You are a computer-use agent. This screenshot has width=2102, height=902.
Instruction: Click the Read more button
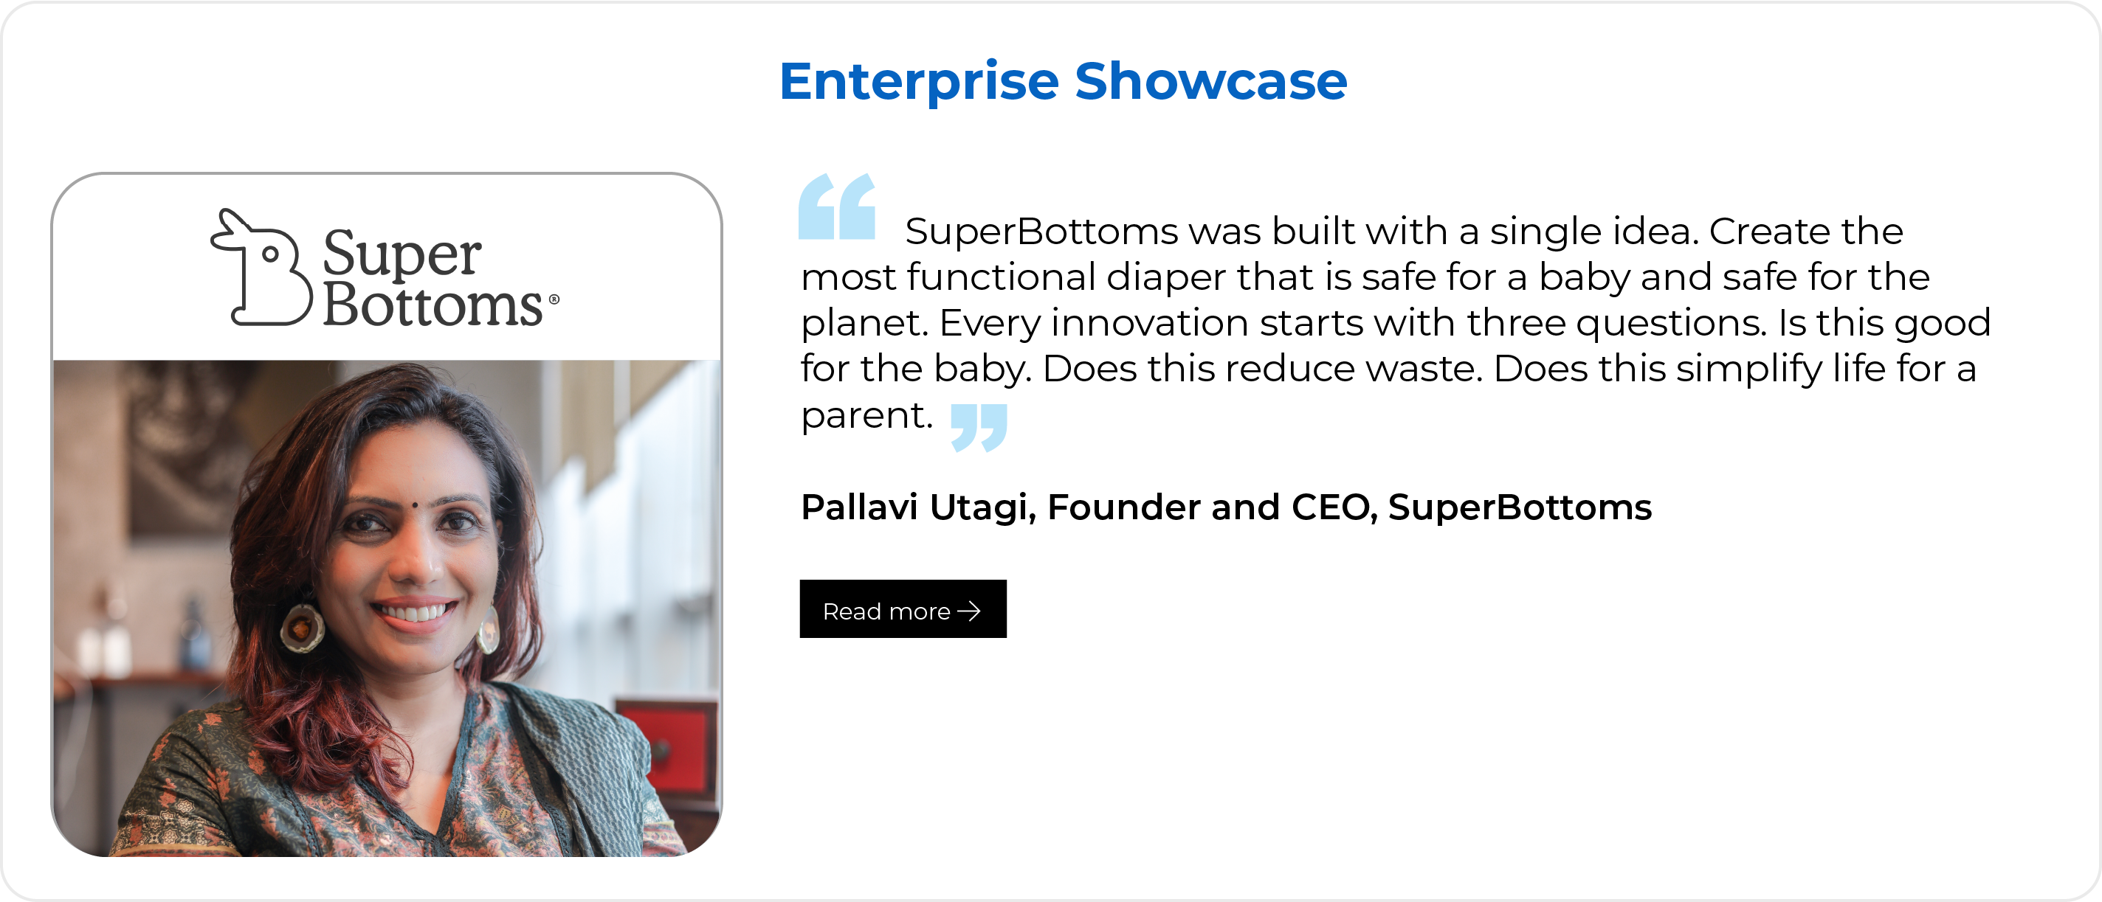(903, 608)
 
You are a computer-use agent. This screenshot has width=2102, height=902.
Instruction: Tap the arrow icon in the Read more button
(968, 611)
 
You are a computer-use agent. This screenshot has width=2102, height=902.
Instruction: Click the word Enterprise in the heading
(919, 83)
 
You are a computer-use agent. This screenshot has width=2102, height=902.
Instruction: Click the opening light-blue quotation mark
(836, 207)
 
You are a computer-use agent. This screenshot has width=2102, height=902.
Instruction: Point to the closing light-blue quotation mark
(979, 426)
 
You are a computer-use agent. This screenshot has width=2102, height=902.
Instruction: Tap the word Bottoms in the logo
(433, 305)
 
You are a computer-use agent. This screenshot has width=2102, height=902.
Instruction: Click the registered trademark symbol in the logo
(554, 299)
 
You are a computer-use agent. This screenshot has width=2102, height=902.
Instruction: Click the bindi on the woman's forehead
(415, 506)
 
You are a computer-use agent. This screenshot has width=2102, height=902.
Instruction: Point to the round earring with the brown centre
(302, 628)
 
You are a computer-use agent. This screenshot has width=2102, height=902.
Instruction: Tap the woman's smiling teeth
(415, 610)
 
